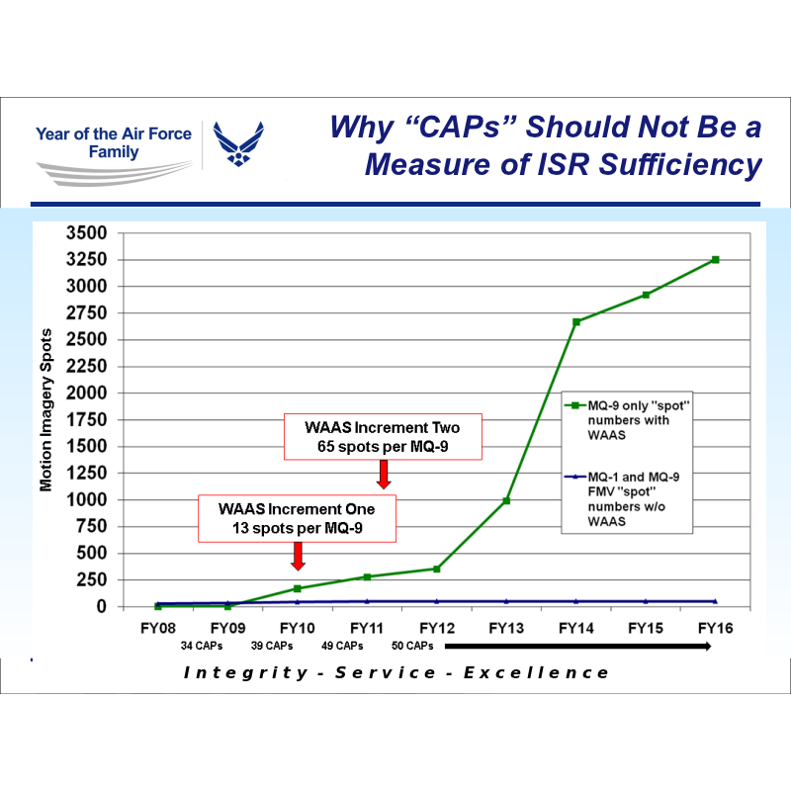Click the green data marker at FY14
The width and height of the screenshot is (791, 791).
coord(575,321)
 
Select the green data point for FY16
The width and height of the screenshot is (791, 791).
coord(715,259)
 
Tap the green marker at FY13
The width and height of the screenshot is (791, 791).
coord(506,500)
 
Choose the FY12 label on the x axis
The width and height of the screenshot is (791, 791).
coord(436,627)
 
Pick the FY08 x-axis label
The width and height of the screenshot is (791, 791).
coord(158,627)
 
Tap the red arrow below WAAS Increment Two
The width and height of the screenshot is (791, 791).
coord(384,476)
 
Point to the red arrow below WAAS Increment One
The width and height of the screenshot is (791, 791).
coord(298,557)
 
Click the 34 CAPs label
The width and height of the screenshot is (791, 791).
coord(202,646)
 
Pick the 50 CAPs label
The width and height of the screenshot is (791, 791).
coord(412,646)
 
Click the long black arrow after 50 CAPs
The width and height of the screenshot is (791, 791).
coord(578,646)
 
